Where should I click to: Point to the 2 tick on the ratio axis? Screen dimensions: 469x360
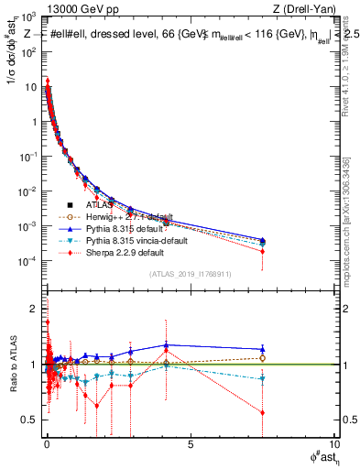click(32, 309)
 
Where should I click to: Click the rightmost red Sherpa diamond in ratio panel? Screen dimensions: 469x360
click(263, 412)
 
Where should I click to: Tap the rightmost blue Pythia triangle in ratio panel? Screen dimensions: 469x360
click(263, 349)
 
